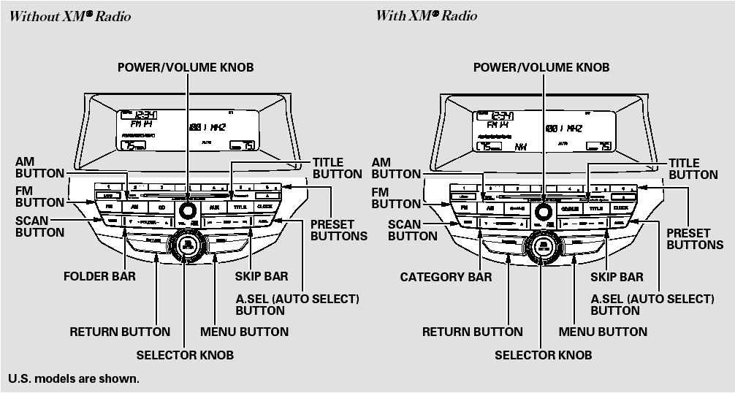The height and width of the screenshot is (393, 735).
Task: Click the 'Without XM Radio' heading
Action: coord(70,15)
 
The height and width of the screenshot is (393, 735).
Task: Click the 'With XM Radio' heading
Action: coord(427,15)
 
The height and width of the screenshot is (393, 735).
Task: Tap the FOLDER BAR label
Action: coord(99,277)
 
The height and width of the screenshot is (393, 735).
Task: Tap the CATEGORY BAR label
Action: coord(446,277)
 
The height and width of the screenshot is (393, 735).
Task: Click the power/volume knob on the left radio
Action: coord(188,210)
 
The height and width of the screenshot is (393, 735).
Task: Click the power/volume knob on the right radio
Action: coord(543,210)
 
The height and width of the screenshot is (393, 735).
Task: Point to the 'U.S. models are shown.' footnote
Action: coord(73,378)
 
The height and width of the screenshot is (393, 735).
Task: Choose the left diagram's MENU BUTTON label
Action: coord(244,332)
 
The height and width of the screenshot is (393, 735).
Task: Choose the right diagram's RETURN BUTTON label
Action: coord(472,332)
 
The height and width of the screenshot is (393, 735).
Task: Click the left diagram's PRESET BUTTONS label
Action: coord(338,230)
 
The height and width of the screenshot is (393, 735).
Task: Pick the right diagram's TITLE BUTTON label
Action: coord(693,169)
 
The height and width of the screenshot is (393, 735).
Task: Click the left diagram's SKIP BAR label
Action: coord(261,277)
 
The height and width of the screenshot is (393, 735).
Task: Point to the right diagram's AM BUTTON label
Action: coord(396,169)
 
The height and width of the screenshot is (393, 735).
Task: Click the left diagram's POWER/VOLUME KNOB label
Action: coord(186,67)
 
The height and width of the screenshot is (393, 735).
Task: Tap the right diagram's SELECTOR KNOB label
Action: coord(543,355)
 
